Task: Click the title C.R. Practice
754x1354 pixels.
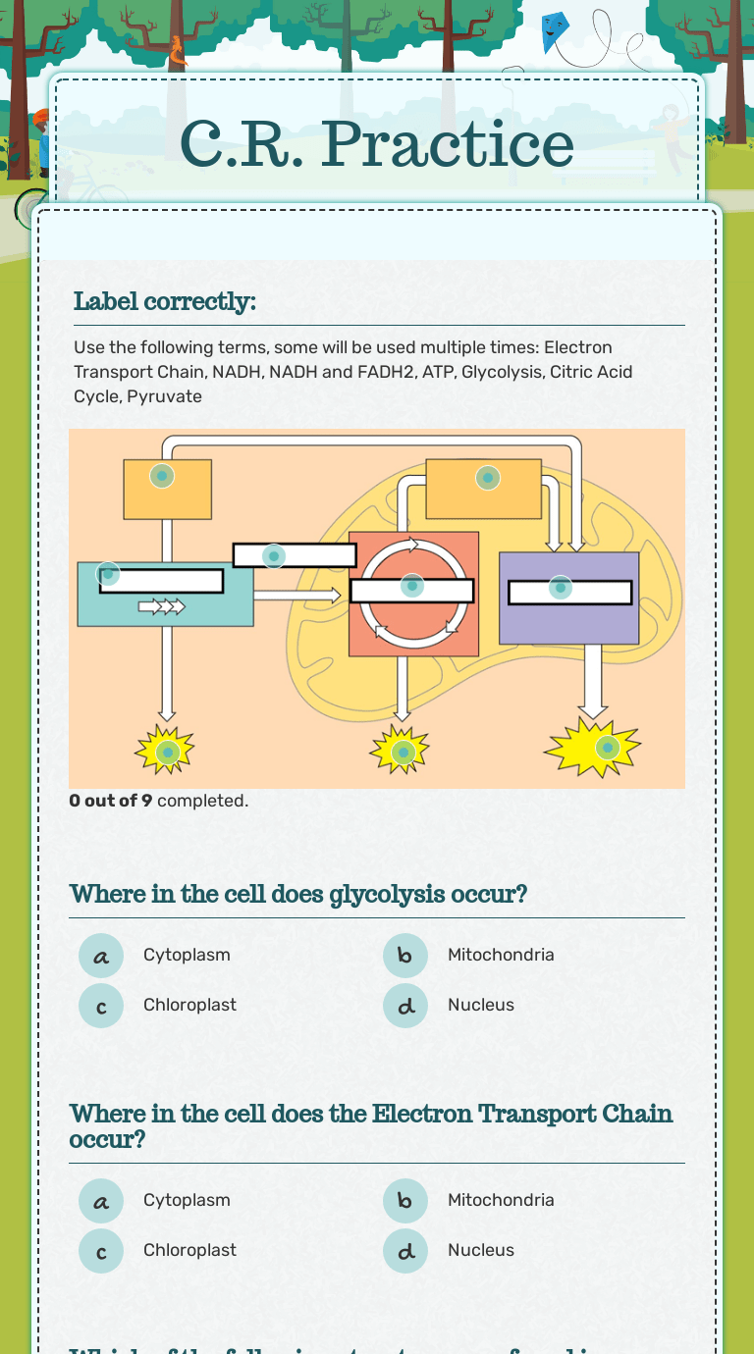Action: (x=377, y=144)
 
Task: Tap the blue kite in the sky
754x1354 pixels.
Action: (x=555, y=31)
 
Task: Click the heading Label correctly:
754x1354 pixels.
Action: (x=165, y=301)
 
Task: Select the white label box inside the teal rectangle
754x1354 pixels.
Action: (x=162, y=581)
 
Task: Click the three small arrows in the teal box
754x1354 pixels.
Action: (x=161, y=607)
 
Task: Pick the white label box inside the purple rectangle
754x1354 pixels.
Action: (x=569, y=593)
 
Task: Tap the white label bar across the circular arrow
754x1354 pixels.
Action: (x=412, y=591)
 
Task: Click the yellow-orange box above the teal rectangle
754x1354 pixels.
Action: (x=167, y=489)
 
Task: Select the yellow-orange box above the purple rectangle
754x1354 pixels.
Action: (x=483, y=488)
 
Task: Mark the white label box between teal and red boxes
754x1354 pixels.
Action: (x=295, y=555)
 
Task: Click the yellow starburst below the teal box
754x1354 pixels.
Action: (x=166, y=752)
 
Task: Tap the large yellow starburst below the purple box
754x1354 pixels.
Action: (x=594, y=749)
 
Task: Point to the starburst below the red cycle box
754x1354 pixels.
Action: (x=401, y=752)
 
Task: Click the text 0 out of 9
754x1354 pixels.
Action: (x=110, y=801)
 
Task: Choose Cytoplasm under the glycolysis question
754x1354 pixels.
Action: (x=187, y=955)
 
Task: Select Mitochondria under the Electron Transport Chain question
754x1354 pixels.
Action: (x=501, y=1200)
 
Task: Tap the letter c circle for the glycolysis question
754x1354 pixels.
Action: (x=101, y=1006)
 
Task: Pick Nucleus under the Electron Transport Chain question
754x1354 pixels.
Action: (x=481, y=1250)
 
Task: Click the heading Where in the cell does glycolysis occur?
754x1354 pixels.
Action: (x=298, y=895)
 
